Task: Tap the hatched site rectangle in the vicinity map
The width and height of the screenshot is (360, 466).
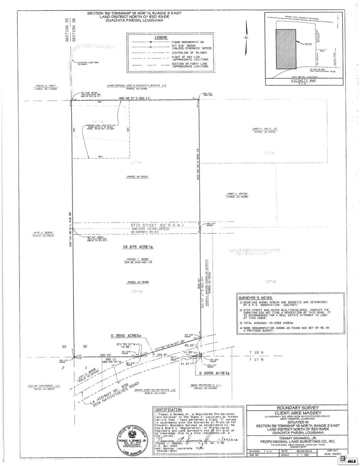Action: point(285,49)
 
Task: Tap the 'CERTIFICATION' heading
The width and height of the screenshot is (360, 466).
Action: point(168,410)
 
